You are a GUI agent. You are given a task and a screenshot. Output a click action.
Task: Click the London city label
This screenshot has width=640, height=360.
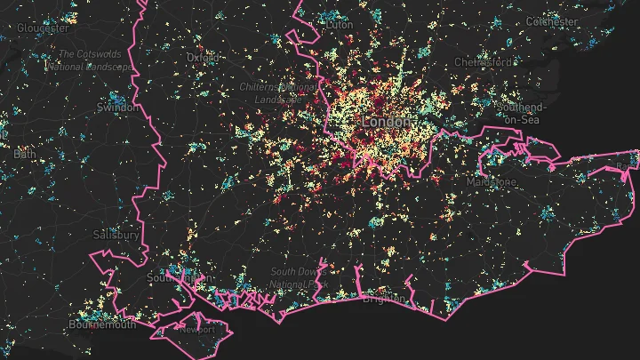pos(387,121)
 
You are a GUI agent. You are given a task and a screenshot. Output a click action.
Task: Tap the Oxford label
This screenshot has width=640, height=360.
pos(203,58)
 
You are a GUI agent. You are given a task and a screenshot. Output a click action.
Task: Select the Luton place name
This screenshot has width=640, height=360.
pos(339,26)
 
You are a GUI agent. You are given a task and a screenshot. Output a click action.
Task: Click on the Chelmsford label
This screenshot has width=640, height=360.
pos(484,63)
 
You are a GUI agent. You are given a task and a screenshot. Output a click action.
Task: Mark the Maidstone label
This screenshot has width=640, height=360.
pos(492,181)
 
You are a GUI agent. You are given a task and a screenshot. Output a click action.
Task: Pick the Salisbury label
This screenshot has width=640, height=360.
pos(116,235)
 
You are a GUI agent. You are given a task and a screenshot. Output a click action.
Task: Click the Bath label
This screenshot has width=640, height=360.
pos(24,154)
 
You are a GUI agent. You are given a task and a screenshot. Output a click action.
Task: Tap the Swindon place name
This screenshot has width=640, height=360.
pos(116,108)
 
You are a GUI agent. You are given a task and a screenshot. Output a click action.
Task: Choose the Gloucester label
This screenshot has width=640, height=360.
pos(42,28)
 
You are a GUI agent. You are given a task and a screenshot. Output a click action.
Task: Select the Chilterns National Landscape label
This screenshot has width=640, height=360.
pos(277,92)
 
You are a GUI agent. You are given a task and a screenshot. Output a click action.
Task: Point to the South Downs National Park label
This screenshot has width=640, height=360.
pos(300,277)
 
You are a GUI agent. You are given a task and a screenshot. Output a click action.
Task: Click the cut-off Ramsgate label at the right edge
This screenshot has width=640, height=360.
pos(630,166)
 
